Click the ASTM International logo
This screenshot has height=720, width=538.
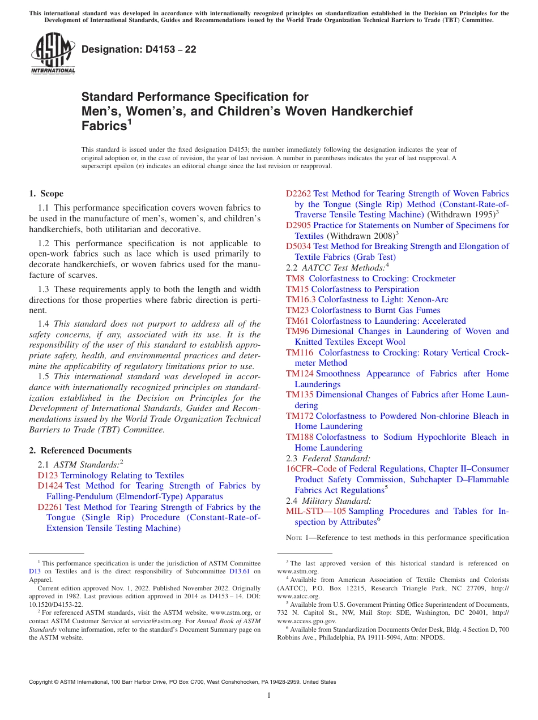[x=53, y=53]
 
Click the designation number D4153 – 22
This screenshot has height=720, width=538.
[x=139, y=49]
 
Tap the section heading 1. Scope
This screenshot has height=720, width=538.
[x=46, y=194]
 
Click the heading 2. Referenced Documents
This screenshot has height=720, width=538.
[x=80, y=451]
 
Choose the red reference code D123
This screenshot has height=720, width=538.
[x=48, y=475]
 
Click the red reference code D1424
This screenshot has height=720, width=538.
[x=50, y=486]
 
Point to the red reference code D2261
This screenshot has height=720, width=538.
[x=50, y=507]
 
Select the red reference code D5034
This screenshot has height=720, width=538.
[x=298, y=246]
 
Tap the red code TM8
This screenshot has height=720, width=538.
[x=295, y=278]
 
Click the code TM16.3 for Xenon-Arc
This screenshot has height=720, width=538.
[x=301, y=299]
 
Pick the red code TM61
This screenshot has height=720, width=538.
[x=297, y=321]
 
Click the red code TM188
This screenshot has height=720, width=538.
[x=300, y=437]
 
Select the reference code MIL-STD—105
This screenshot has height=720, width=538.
[x=316, y=511]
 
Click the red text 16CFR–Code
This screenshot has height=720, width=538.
[x=311, y=469]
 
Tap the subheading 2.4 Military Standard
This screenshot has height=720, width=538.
[x=328, y=501]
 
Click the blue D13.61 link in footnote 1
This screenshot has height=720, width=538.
[x=241, y=572]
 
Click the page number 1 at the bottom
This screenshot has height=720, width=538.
[x=269, y=696]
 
